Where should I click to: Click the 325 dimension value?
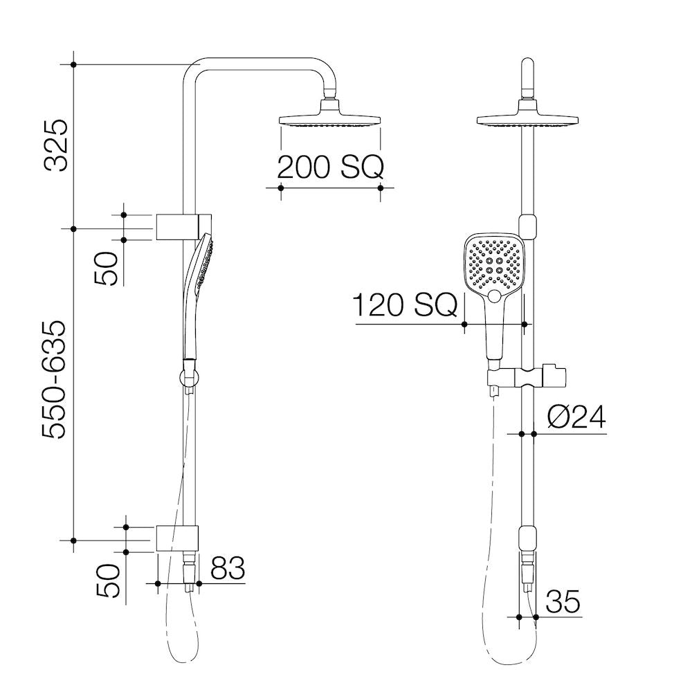point(56,145)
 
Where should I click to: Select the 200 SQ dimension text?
point(329,167)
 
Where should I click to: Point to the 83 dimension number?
point(228,569)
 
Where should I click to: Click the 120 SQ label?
point(406,305)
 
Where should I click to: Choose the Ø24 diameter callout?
point(575,417)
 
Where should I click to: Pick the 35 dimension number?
point(562,602)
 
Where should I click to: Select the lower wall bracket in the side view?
point(178,539)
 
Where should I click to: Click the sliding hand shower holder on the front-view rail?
point(526,378)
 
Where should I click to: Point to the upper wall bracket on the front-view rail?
point(527,226)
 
